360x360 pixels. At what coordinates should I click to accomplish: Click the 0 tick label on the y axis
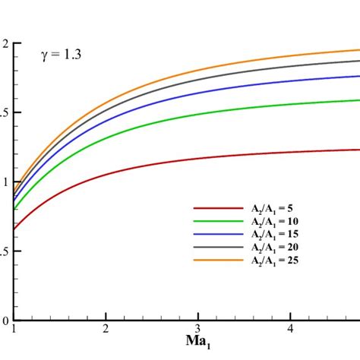(5, 321)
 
